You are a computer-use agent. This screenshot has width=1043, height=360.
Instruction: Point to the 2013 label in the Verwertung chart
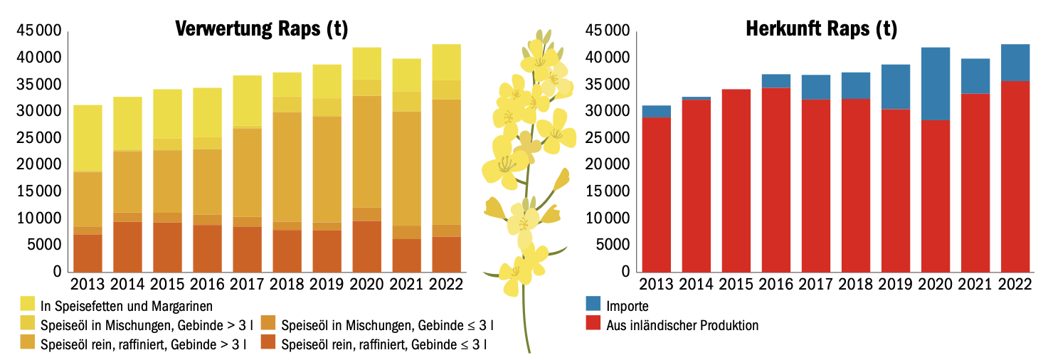tap(88, 283)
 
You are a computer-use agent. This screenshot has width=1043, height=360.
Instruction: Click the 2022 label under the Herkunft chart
tap(1015, 283)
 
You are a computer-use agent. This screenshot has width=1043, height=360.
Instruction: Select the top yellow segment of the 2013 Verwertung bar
tap(88, 138)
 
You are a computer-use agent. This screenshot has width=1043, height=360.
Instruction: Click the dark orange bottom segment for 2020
tap(367, 246)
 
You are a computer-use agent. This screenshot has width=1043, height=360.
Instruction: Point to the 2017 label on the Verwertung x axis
tap(248, 283)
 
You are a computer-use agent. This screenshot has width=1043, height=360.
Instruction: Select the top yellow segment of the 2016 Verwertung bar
tap(207, 112)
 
